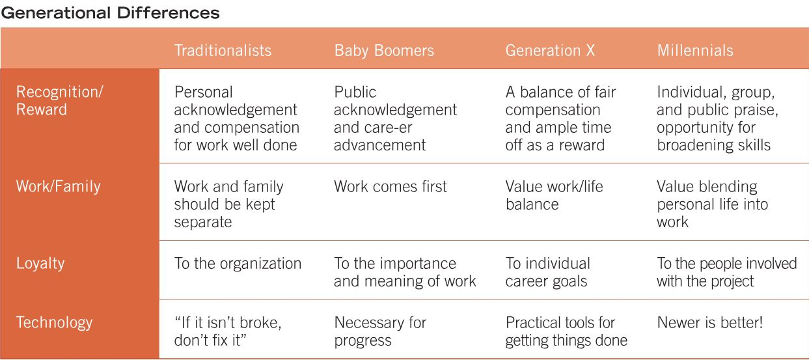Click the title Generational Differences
pyautogui.click(x=110, y=13)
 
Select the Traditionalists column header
pyautogui.click(x=223, y=51)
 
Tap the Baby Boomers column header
pyautogui.click(x=384, y=51)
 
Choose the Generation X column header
pyautogui.click(x=550, y=51)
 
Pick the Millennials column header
pyautogui.click(x=695, y=51)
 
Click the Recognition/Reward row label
pyautogui.click(x=60, y=101)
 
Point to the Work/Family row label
pyautogui.click(x=58, y=187)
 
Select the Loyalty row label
pyautogui.click(x=40, y=264)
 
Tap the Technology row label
pyautogui.click(x=54, y=323)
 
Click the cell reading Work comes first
pyautogui.click(x=390, y=187)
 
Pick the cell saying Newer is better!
pyautogui.click(x=709, y=322)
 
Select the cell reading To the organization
pyautogui.click(x=238, y=264)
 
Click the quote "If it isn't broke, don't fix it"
pyautogui.click(x=228, y=331)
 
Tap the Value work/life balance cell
pyautogui.click(x=554, y=195)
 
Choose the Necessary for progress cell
pyautogui.click(x=380, y=331)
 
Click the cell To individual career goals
pyautogui.click(x=547, y=273)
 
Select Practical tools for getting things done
pyautogui.click(x=566, y=331)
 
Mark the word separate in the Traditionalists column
pyautogui.click(x=202, y=223)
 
